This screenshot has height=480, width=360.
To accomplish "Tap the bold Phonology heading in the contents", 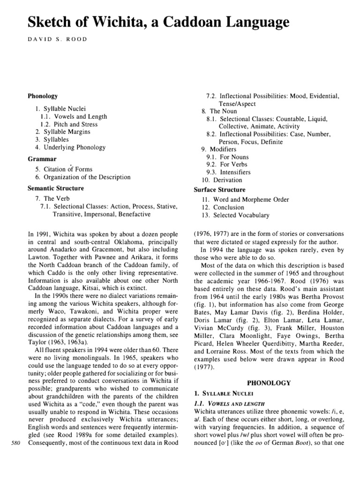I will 43,96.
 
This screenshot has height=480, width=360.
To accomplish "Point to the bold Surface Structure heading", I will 219,190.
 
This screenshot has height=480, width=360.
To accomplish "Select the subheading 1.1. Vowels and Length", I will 229,404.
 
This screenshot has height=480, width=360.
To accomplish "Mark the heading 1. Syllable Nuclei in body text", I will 219,395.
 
